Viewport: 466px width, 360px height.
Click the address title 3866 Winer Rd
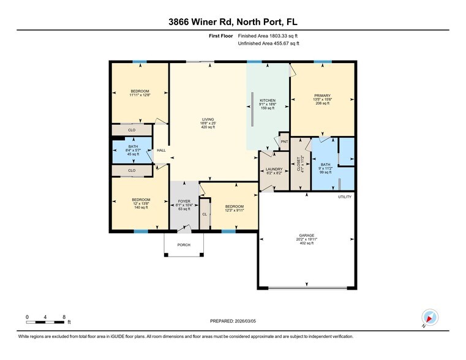coord(233,23)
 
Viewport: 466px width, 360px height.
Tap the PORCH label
coord(184,245)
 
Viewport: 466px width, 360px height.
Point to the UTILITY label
coord(345,197)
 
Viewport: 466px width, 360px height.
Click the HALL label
coord(161,150)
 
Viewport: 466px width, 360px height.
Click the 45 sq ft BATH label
coord(132,151)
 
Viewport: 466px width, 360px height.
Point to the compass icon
coord(430,317)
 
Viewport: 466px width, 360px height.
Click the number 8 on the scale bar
coord(64,317)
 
